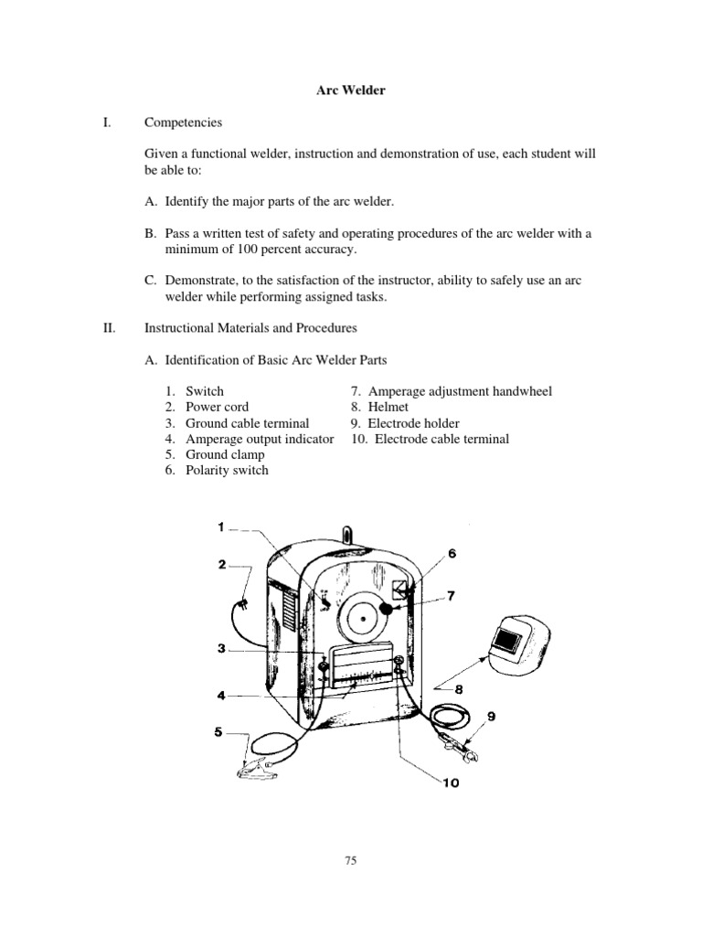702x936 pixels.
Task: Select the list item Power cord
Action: pyautogui.click(x=217, y=407)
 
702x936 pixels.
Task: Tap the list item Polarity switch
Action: pyautogui.click(x=227, y=470)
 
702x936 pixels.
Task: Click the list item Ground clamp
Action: pyautogui.click(x=225, y=454)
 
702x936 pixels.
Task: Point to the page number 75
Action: pyautogui.click(x=351, y=859)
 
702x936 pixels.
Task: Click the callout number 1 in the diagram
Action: pyautogui.click(x=220, y=526)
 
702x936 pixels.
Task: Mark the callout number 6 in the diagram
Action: pyautogui.click(x=452, y=553)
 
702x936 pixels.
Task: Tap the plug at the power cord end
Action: pyautogui.click(x=242, y=603)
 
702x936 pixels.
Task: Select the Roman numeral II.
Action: pyautogui.click(x=109, y=326)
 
